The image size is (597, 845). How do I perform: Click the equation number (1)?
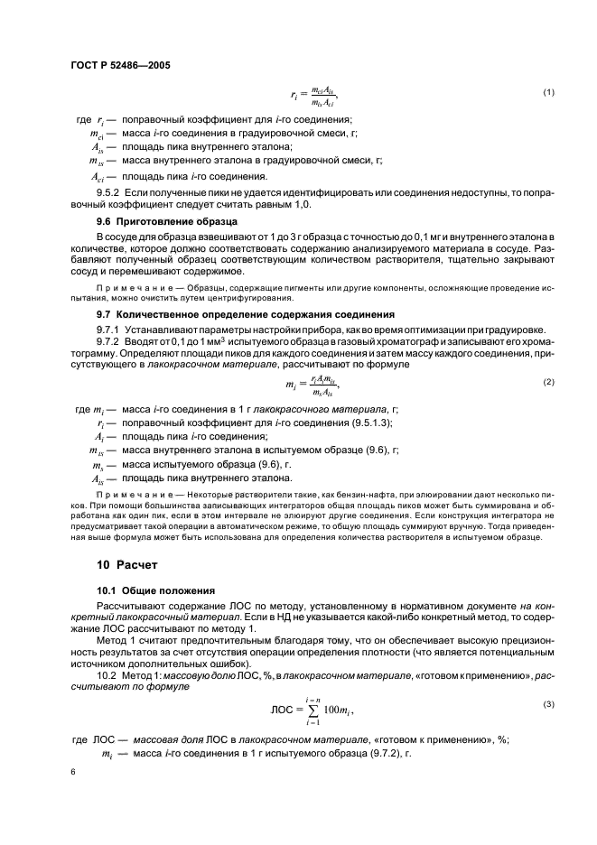(x=547, y=94)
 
